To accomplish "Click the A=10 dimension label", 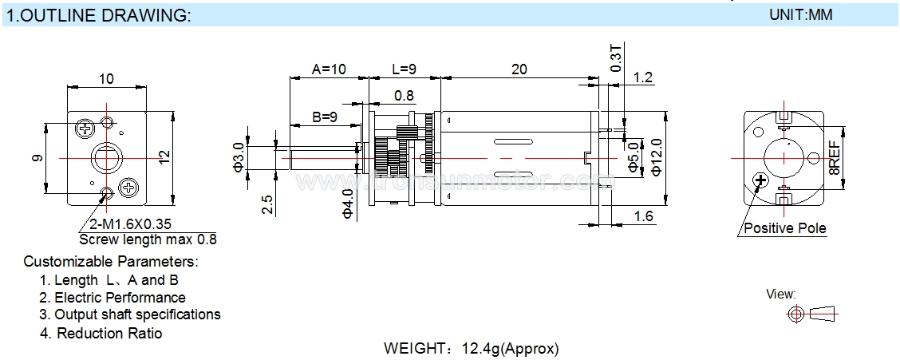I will pyautogui.click(x=328, y=69).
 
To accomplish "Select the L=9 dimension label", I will pyautogui.click(x=405, y=69).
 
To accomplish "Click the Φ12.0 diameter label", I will pyautogui.click(x=657, y=156).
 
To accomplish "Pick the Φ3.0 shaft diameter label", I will pyautogui.click(x=238, y=156).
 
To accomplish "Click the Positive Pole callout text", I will pyautogui.click(x=785, y=229).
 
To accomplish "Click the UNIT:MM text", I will pyautogui.click(x=800, y=14).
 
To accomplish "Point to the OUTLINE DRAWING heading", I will pyautogui.click(x=99, y=16).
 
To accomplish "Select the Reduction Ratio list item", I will pyautogui.click(x=109, y=333).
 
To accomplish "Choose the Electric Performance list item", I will pyautogui.click(x=120, y=298).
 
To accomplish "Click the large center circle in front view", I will pyautogui.click(x=106, y=157).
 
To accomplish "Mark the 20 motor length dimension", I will pyautogui.click(x=519, y=69).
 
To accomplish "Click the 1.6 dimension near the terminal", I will pyautogui.click(x=644, y=216).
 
